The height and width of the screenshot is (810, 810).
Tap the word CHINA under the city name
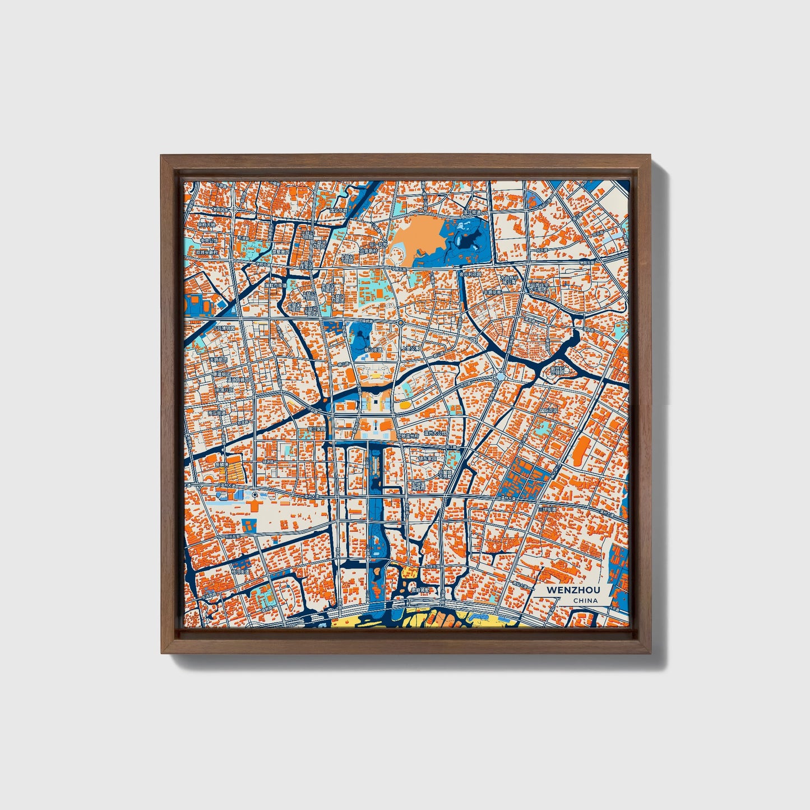[585, 601]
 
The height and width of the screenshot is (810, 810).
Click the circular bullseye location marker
[255, 495]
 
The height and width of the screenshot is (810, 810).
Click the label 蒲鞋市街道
[275, 285]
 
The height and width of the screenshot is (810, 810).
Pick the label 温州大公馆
[436, 433]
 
